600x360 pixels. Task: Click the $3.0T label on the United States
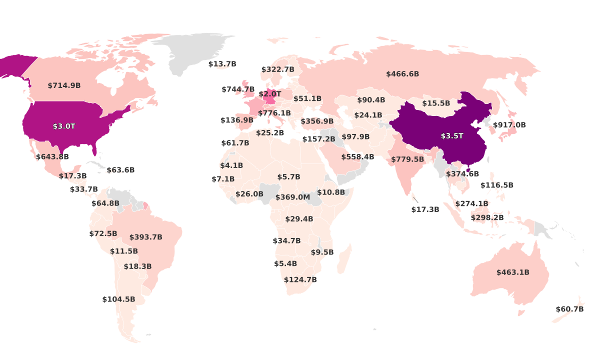pos(64,126)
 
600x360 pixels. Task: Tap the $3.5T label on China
pos(452,136)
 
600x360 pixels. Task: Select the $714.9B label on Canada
pos(64,85)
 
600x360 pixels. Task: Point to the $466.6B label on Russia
pos(402,74)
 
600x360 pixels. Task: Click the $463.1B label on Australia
pos(512,272)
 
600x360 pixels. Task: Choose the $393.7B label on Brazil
pos(146,237)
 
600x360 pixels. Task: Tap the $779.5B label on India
pos(407,159)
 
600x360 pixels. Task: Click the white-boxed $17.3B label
pos(425,209)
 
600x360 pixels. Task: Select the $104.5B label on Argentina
pos(118,299)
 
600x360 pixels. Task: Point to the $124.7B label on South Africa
pos(300,279)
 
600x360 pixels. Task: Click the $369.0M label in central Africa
pos(292,197)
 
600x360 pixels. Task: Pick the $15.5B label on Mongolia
pos(436,103)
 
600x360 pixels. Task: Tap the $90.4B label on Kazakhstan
pos(371,100)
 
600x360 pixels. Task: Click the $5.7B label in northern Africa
pos(288,177)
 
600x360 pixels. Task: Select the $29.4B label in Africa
pos(299,219)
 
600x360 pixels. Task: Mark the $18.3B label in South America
pos(137,266)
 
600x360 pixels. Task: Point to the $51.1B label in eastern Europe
pos(307,99)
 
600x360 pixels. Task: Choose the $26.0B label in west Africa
pos(249,194)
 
